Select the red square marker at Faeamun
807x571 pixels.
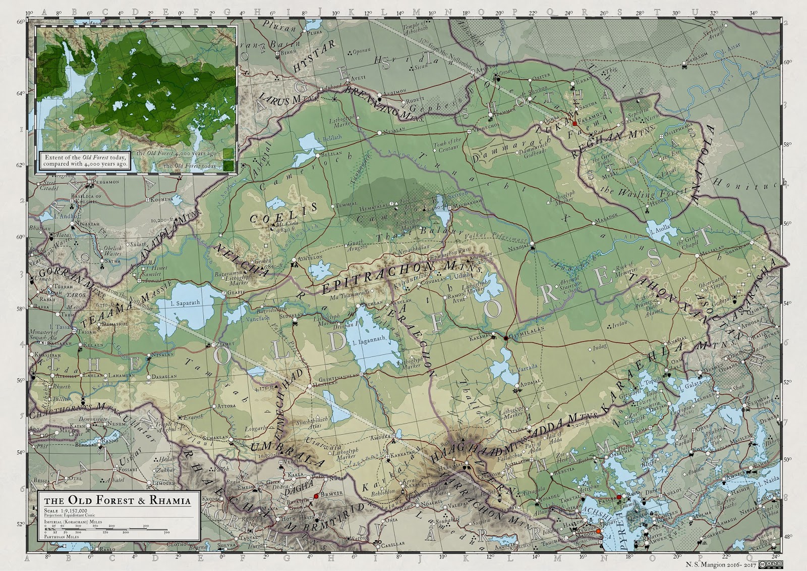pyautogui.click(x=574, y=123)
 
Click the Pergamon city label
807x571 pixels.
pyautogui.click(x=105, y=182)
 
